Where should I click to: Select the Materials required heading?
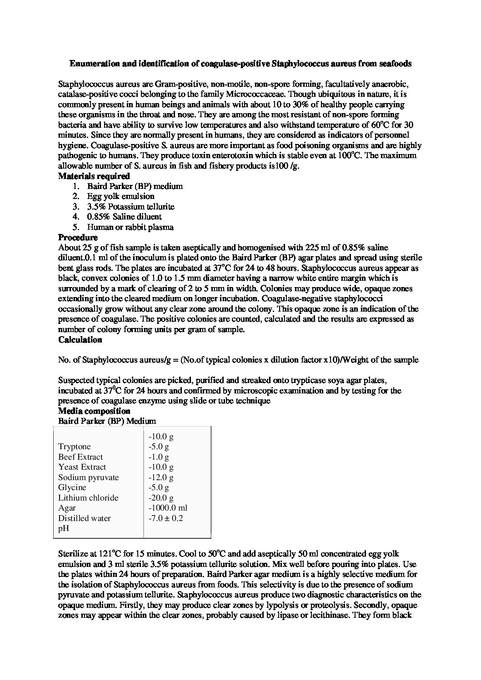pos(94,176)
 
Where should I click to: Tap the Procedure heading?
pos(78,238)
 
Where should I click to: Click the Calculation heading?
pos(80,340)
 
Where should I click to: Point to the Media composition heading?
pos(94,412)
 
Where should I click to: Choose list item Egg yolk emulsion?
pos(121,196)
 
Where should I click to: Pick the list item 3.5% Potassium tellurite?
pos(131,207)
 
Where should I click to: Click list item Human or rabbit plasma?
pos(130,227)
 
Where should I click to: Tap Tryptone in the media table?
pos(75,447)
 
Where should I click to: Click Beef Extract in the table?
pos(80,457)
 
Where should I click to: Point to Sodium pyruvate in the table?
pos(88,477)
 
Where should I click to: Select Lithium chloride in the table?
pos(88,498)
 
